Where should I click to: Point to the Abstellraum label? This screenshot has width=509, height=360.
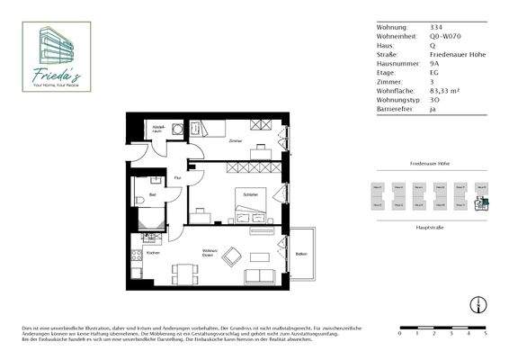(x=158, y=128)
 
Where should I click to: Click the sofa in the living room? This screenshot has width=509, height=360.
(x=262, y=274)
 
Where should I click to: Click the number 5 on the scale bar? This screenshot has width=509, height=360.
(x=485, y=333)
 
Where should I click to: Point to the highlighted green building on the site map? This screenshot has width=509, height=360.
(x=481, y=203)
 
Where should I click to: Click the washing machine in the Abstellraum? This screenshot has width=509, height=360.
(x=177, y=130)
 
